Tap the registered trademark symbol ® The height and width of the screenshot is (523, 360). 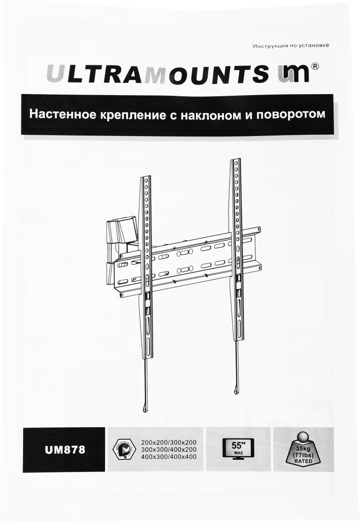coord(315,66)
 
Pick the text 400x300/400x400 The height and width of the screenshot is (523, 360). coord(169,457)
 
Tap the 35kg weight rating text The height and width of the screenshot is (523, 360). coord(302,448)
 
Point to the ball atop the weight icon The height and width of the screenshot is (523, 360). coord(301,437)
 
